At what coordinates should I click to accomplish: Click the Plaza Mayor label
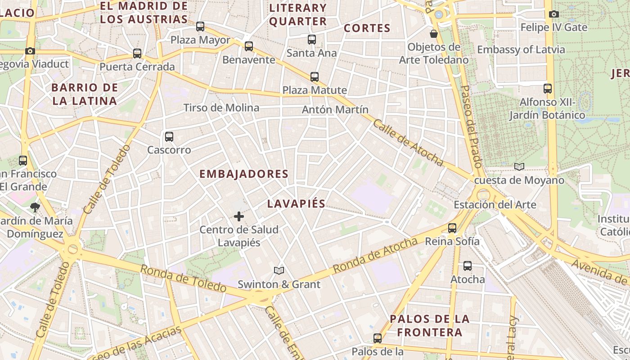point(200,40)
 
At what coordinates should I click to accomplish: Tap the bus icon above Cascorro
point(169,136)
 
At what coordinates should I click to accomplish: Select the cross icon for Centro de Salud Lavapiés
point(239,217)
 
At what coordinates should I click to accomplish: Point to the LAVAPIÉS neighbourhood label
point(296,203)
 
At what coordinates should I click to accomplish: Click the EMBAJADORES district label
point(243,174)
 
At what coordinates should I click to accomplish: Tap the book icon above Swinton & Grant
point(279,270)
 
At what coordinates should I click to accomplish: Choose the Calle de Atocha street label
point(408,143)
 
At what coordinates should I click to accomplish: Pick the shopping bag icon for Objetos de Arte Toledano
point(434,34)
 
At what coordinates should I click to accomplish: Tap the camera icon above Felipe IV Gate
point(554,14)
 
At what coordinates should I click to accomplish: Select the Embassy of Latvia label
point(521,49)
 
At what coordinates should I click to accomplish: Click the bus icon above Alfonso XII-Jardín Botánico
point(547,88)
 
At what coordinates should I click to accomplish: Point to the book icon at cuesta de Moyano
point(519,167)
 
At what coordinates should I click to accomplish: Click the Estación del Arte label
point(495,205)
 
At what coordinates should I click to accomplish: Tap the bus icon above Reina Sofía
point(452,228)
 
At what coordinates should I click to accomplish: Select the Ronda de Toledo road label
point(183,278)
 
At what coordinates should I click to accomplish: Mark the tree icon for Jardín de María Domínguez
point(35,207)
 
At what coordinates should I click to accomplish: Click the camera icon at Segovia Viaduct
point(30,51)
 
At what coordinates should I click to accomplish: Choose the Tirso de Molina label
point(221,108)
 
